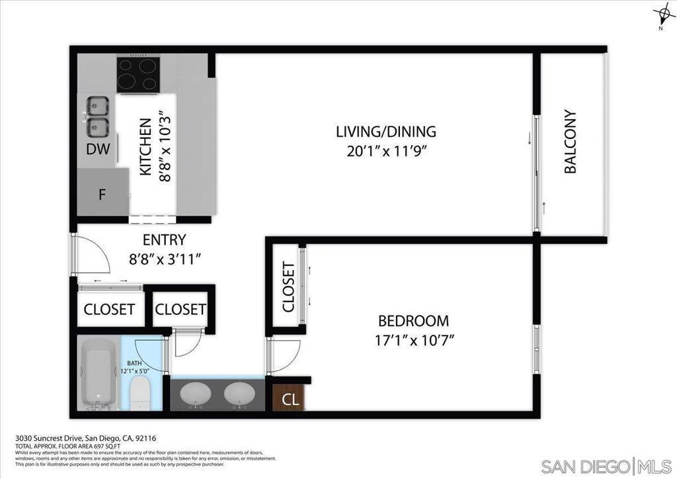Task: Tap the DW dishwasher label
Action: (x=98, y=150)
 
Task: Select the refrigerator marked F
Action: (x=102, y=195)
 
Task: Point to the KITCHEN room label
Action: (x=146, y=147)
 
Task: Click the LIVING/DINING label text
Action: (x=385, y=131)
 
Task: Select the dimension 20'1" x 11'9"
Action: (x=385, y=151)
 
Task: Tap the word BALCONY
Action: (x=570, y=142)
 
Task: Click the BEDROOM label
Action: (x=413, y=321)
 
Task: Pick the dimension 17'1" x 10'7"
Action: (x=413, y=341)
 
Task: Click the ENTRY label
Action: (x=164, y=239)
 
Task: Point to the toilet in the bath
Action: (x=141, y=392)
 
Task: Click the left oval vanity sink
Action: (x=196, y=394)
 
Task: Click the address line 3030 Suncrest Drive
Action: (x=85, y=438)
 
